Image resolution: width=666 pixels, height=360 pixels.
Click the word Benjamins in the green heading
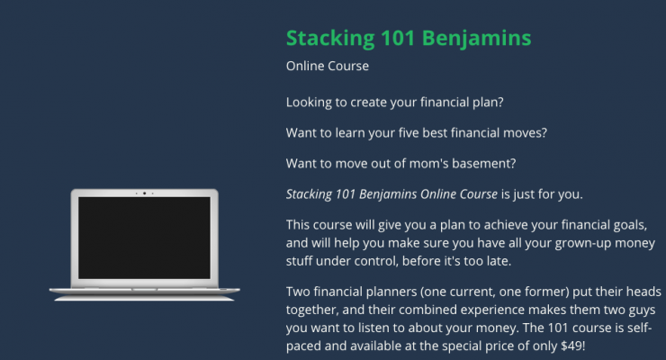pyautogui.click(x=477, y=39)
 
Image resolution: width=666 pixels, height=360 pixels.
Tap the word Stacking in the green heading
pyautogui.click(x=330, y=39)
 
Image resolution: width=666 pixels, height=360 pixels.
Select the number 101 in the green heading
pyautogui.click(x=398, y=38)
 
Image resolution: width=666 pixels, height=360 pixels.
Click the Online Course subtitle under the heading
pyautogui.click(x=328, y=66)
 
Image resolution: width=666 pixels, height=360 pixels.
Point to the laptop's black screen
pyautogui.click(x=144, y=238)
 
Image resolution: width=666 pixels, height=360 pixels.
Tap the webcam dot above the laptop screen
pyautogui.click(x=144, y=193)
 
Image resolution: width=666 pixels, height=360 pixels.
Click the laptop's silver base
pyautogui.click(x=144, y=293)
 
